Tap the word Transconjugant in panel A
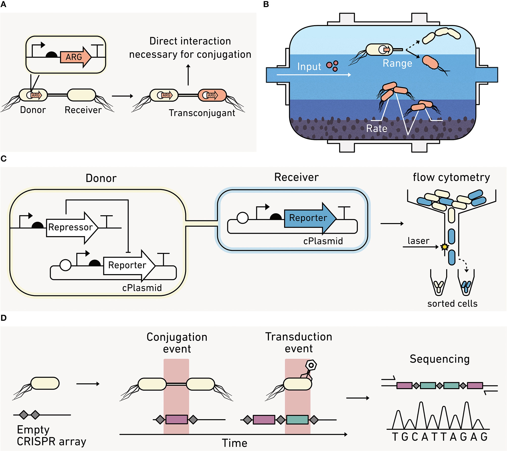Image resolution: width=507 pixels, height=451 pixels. pyautogui.click(x=202, y=113)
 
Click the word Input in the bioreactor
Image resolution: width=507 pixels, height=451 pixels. pyautogui.click(x=309, y=67)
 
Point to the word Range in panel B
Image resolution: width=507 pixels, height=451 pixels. pyautogui.click(x=397, y=63)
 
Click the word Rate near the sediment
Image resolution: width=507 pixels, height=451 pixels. pyautogui.click(x=376, y=128)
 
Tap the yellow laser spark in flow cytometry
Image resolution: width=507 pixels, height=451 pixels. pyautogui.click(x=444, y=247)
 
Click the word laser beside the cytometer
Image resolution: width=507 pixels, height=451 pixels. pyautogui.click(x=418, y=241)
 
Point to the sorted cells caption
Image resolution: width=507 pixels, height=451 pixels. pyautogui.click(x=452, y=303)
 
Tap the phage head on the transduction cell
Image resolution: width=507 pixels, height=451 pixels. pyautogui.click(x=311, y=365)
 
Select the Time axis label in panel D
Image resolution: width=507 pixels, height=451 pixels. pyautogui.click(x=234, y=443)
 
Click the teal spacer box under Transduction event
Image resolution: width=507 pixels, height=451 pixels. pyautogui.click(x=297, y=420)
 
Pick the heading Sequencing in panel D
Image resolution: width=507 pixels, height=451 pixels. pyautogui.click(x=439, y=359)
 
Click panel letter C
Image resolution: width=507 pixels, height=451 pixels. pyautogui.click(x=4, y=158)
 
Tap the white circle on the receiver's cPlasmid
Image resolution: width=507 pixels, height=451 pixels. pyautogui.click(x=243, y=218)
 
